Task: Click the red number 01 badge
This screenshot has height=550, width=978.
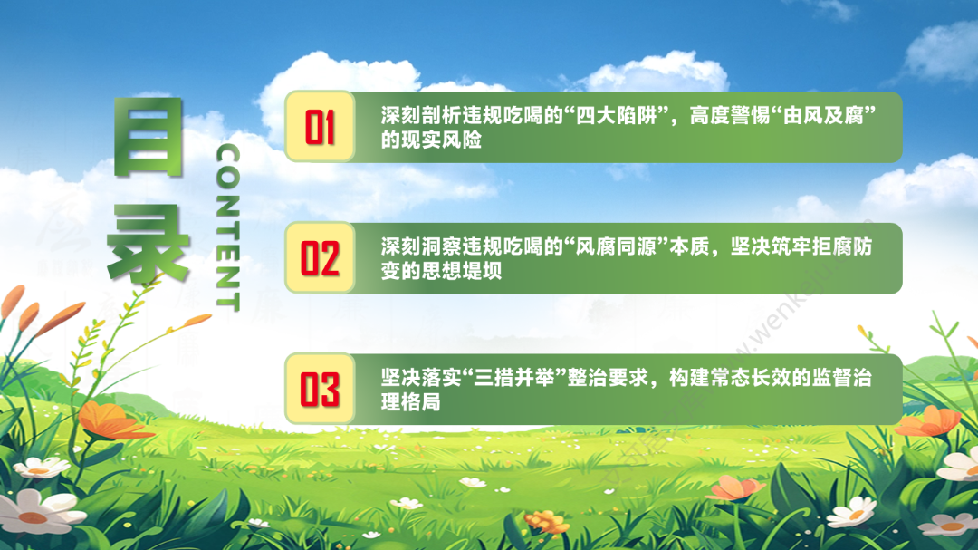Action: [320, 127]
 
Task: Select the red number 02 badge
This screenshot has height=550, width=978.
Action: [320, 258]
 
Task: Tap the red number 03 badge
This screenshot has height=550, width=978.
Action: [320, 389]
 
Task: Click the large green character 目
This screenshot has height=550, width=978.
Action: [149, 137]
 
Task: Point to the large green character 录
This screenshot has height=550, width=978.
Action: [149, 244]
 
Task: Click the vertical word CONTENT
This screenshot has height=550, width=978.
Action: [227, 227]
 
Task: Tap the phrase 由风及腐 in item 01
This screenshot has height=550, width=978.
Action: [822, 115]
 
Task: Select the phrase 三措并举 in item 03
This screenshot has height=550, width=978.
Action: [514, 378]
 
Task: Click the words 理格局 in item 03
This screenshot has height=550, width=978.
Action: [411, 402]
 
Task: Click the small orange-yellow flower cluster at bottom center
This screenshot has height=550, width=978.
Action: [547, 521]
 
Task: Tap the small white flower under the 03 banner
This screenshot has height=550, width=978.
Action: [472, 482]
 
